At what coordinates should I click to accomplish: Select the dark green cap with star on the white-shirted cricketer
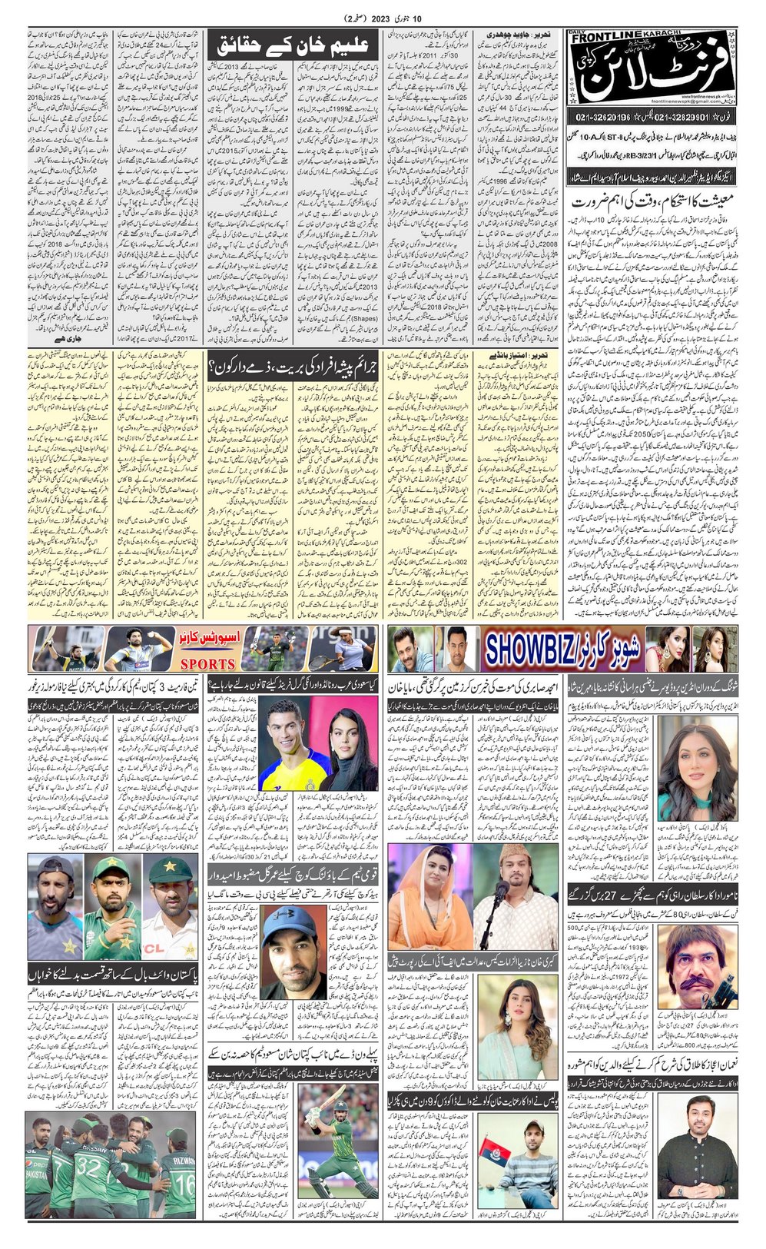[x=170, y=871]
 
